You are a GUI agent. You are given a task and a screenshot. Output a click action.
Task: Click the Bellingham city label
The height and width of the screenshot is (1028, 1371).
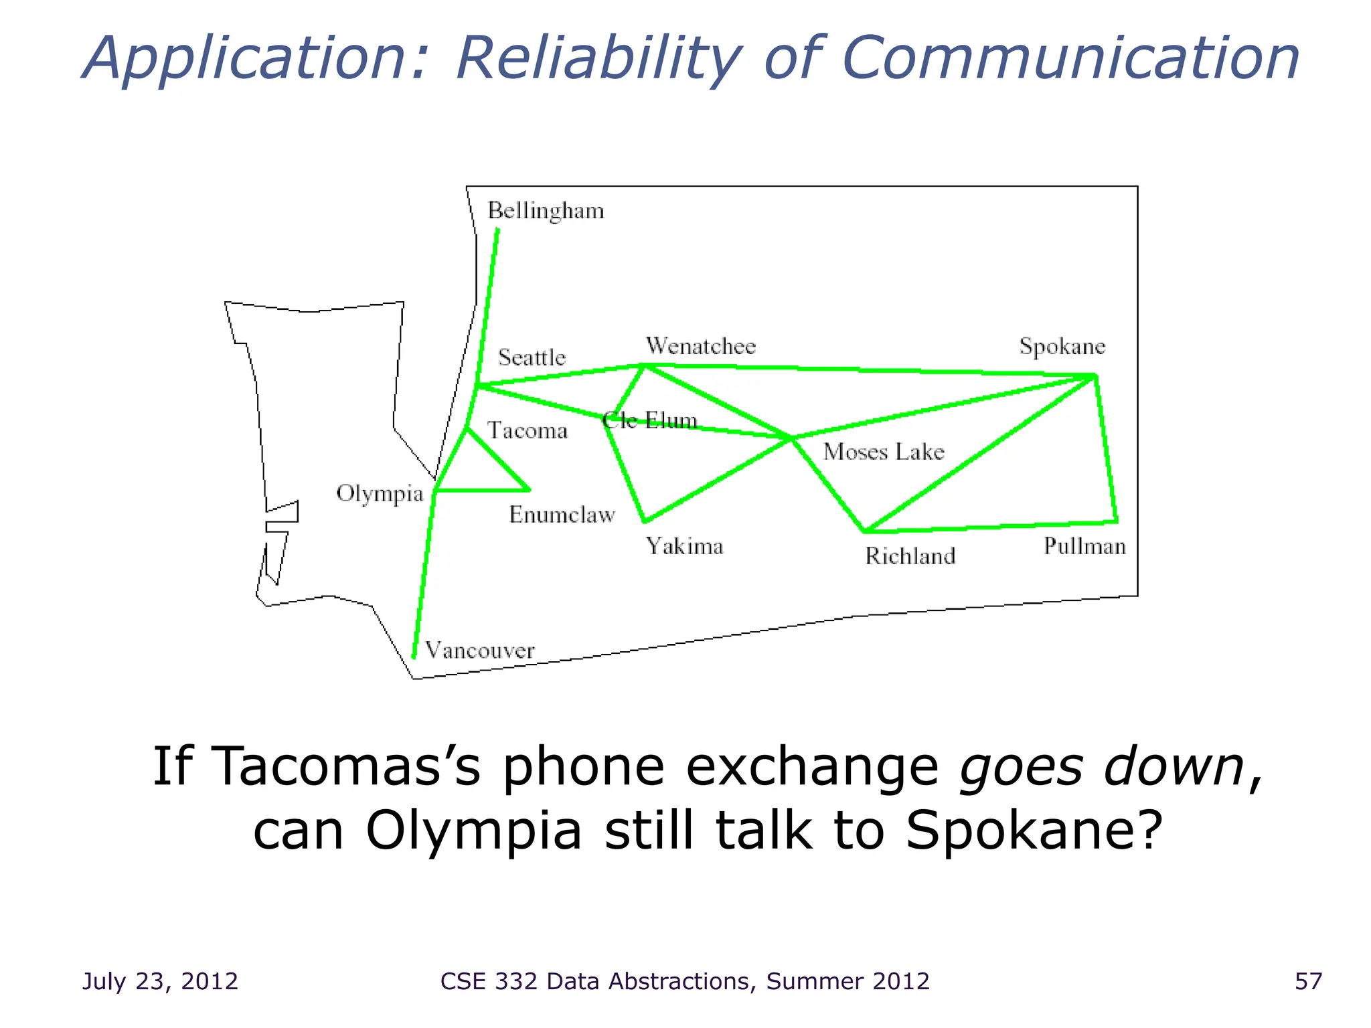point(546,211)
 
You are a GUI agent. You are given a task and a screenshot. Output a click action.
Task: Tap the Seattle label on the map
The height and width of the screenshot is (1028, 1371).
point(532,357)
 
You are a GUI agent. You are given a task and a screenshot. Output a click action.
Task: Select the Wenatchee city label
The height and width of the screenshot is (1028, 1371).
point(700,346)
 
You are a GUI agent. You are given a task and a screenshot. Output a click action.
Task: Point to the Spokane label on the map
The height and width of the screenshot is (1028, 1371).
point(1062,347)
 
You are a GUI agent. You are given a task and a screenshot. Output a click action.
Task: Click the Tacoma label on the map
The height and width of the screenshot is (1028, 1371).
point(527,430)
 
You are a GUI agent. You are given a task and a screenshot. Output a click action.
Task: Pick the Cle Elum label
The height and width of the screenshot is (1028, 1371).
point(649,420)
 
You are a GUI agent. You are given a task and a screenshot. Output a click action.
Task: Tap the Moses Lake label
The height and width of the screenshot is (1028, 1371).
point(883,452)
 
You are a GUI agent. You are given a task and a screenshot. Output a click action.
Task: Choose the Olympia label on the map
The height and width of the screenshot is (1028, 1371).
point(380,494)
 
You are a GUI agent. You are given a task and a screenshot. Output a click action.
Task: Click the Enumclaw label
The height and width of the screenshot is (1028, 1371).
point(562,515)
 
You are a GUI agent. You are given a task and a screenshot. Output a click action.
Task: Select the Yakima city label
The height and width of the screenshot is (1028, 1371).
point(684,547)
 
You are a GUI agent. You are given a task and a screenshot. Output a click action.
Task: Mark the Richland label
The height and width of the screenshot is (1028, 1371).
point(910,556)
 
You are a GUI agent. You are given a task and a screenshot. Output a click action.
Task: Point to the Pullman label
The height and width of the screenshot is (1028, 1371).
point(1084,547)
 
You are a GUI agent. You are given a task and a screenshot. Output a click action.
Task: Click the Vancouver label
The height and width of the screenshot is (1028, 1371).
point(479,651)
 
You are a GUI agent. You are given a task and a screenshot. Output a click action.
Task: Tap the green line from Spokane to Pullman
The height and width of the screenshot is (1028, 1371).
point(1106,448)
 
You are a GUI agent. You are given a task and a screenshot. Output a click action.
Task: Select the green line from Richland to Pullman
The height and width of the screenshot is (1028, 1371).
point(991,527)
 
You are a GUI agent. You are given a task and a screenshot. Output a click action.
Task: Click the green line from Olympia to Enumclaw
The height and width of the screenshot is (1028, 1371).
point(482,491)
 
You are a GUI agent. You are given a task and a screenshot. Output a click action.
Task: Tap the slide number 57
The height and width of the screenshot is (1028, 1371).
point(1308,981)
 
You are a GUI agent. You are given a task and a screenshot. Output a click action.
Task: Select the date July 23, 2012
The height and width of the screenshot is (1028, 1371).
point(160,981)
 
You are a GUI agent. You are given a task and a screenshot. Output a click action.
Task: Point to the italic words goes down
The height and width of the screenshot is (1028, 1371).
point(1101,767)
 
